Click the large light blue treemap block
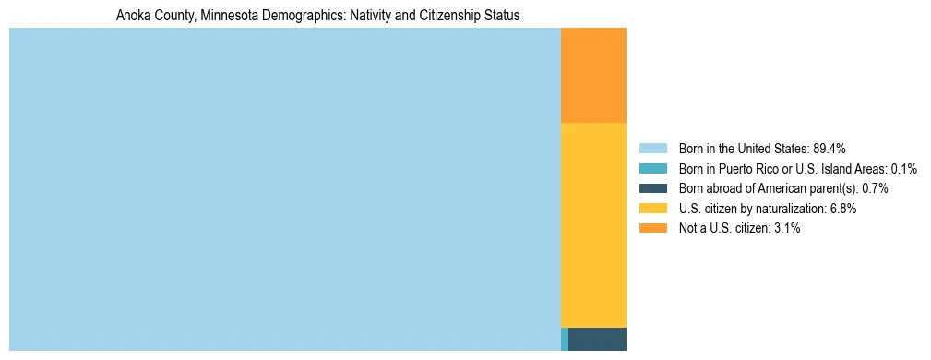(284, 189)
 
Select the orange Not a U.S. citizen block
(593, 75)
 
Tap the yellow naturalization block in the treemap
(593, 224)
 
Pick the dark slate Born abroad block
(597, 339)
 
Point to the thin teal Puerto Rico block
(565, 339)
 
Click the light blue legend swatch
(652, 149)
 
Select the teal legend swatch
(652, 169)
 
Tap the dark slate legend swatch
(652, 188)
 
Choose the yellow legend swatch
(652, 209)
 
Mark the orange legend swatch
(652, 228)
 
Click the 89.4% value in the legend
(830, 149)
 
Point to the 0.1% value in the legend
(904, 169)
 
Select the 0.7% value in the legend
(876, 188)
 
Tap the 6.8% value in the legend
(841, 209)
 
